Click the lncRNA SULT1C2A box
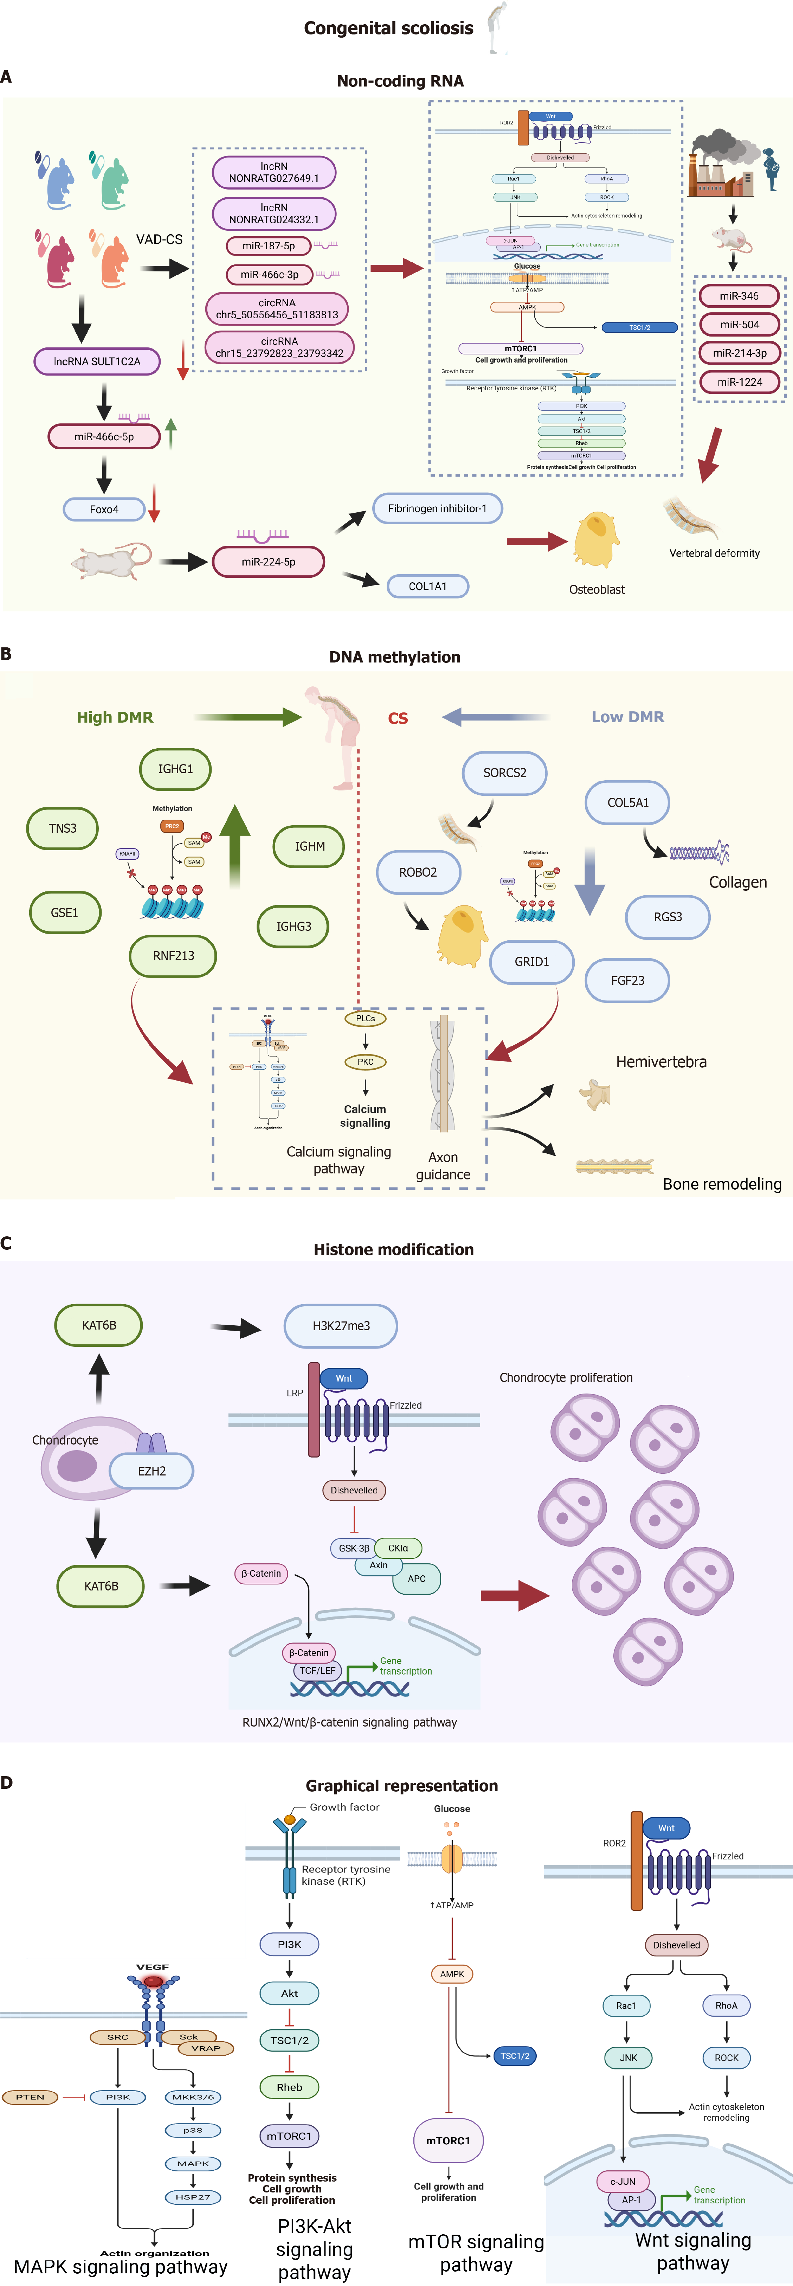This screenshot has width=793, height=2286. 97,361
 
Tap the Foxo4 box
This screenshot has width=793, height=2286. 104,510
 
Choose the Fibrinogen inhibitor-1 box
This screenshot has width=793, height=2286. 437,508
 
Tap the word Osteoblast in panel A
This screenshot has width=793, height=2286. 597,589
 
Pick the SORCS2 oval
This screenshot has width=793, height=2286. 504,773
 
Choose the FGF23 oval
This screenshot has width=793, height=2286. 627,981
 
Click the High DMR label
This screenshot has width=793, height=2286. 115,717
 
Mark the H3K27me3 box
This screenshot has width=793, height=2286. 341,1326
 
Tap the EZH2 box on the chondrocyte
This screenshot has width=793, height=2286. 152,1471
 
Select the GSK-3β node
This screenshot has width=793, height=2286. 354,1549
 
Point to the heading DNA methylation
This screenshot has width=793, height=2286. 395,657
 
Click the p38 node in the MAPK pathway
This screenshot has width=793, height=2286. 193,2130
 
